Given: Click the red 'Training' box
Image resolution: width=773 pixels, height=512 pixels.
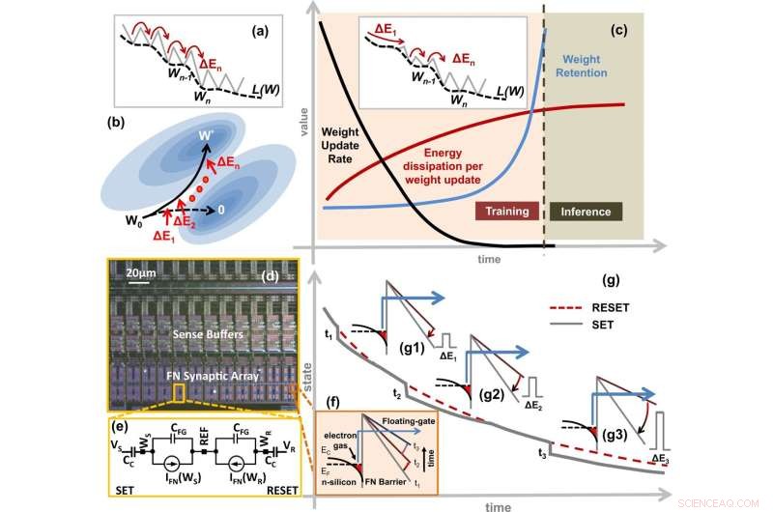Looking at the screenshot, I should tap(507, 208).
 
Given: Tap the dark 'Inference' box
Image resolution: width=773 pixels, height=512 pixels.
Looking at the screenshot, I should tap(584, 208).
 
